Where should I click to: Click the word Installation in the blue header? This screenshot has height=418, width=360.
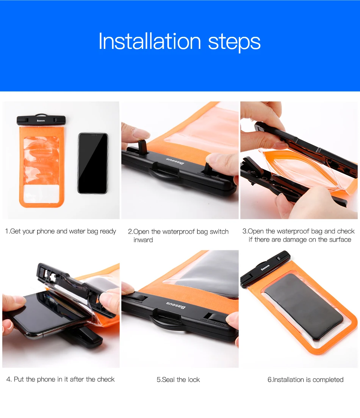pyautogui.click(x=150, y=41)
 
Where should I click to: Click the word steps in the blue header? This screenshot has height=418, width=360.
pyautogui.click(x=234, y=42)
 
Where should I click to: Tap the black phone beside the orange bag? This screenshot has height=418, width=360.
pyautogui.click(x=93, y=163)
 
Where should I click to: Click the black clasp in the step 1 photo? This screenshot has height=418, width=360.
pyautogui.click(x=41, y=120)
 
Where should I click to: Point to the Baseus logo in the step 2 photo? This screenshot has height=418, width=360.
pyautogui.click(x=175, y=161)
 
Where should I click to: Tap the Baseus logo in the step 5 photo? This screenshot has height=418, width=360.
pyautogui.click(x=175, y=305)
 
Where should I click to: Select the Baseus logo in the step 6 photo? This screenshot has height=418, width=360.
pyautogui.click(x=265, y=268)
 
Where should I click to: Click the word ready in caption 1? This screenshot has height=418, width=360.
pyautogui.click(x=108, y=231)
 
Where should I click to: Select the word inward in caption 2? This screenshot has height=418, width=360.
pyautogui.click(x=143, y=240)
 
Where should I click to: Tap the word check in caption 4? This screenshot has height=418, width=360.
pyautogui.click(x=106, y=379)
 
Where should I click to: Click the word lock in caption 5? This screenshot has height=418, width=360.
pyautogui.click(x=194, y=379)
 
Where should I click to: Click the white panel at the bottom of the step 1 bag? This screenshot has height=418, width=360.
pyautogui.click(x=41, y=193)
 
